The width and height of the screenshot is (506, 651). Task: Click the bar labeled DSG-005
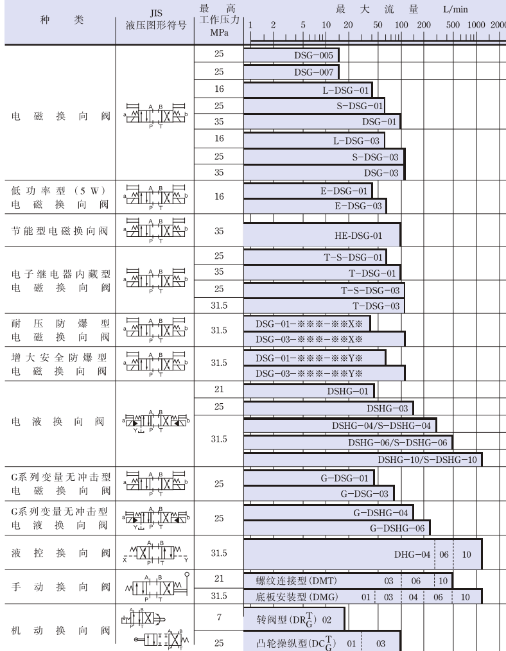point(291,56)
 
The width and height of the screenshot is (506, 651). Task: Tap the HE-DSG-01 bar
point(322,235)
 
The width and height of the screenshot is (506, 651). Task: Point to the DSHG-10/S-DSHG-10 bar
point(363,459)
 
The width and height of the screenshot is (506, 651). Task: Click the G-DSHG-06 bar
point(336,528)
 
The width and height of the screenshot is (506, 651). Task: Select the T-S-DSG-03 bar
point(324,290)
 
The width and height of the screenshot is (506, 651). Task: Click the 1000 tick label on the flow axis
point(476,25)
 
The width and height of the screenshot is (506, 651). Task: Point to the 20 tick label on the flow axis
point(347,25)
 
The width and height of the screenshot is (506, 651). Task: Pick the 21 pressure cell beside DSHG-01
point(219,390)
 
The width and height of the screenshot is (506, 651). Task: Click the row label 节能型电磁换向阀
point(59,231)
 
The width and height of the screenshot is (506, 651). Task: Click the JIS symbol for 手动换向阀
point(155,587)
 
